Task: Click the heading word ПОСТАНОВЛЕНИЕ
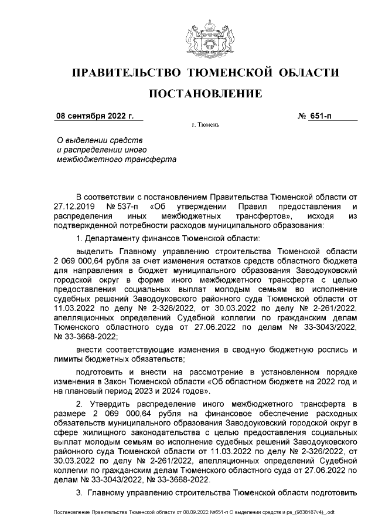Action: tap(205, 94)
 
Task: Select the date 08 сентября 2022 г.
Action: tap(94, 116)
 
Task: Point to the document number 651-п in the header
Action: tap(321, 116)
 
